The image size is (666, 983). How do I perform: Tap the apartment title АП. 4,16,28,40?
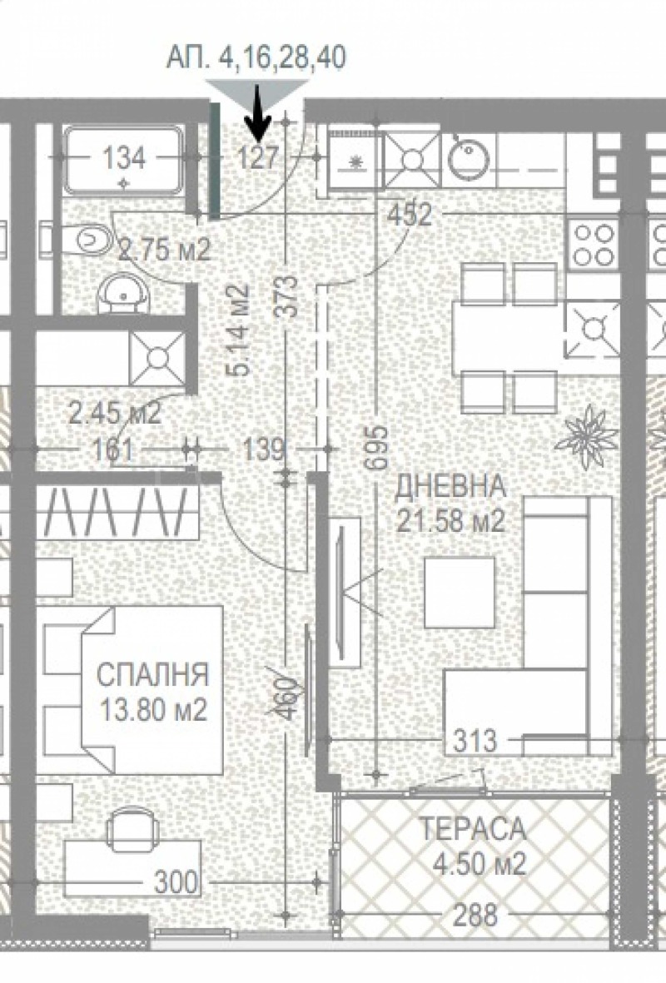pyautogui.click(x=256, y=57)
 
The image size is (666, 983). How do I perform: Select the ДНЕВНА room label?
pyautogui.click(x=450, y=484)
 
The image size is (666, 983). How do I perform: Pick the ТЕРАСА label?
pyautogui.click(x=472, y=829)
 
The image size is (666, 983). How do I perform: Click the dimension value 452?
pyautogui.click(x=410, y=216)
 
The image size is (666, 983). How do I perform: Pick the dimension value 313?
pyautogui.click(x=475, y=739)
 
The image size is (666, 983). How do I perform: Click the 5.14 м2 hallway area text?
pyautogui.click(x=238, y=331)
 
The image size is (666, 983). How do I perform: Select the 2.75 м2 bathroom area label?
pyautogui.click(x=164, y=248)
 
